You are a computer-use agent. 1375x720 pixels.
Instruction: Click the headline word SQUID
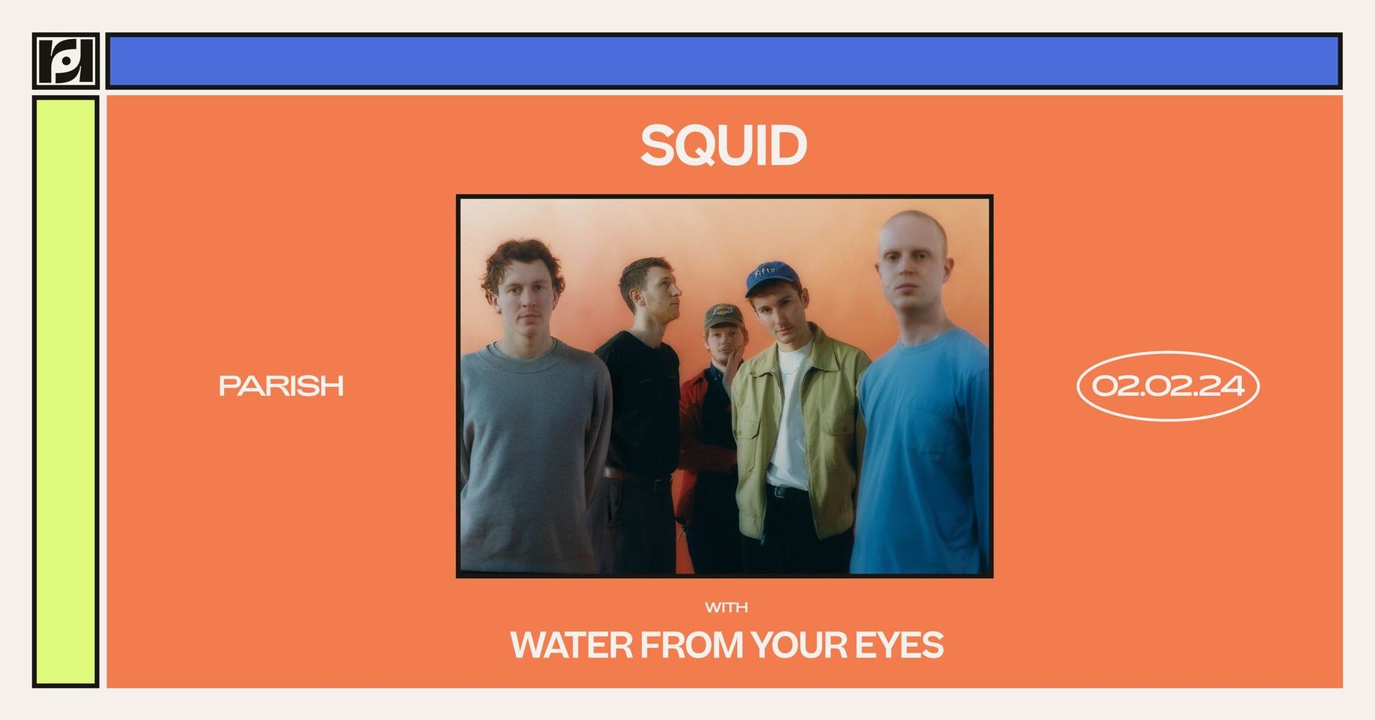click(x=723, y=145)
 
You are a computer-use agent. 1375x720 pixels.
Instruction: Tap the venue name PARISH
click(x=281, y=385)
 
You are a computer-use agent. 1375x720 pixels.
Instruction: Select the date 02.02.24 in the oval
click(x=1167, y=385)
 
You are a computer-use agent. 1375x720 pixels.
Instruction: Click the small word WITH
click(x=726, y=607)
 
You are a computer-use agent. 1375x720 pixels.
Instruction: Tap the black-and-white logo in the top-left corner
click(x=66, y=61)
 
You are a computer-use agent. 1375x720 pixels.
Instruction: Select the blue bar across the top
click(x=723, y=61)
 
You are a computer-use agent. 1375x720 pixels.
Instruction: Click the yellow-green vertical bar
click(x=66, y=391)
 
